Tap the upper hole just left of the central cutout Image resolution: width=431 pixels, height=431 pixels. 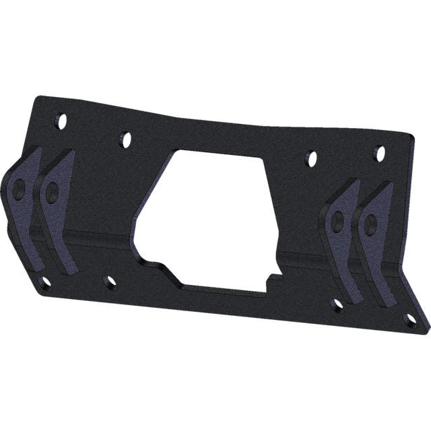pyautogui.click(x=124, y=138)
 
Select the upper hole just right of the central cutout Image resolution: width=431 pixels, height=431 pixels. pyautogui.click(x=310, y=158)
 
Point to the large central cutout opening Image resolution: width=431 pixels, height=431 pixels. pyautogui.click(x=215, y=215)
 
